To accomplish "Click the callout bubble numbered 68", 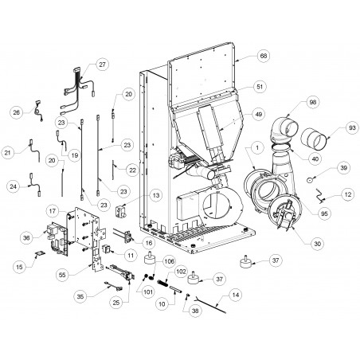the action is (264, 56).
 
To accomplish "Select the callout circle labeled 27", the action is (102, 65).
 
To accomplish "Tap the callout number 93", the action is (352, 128).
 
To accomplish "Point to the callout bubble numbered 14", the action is (236, 295).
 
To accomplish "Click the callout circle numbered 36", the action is (26, 238).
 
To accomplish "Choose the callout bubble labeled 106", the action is (169, 261).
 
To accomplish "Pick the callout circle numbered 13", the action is (156, 195).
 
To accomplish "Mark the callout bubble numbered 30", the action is (318, 244).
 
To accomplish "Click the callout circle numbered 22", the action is (132, 170).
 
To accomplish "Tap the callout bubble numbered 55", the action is (62, 275).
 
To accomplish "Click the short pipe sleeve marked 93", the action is (314, 139).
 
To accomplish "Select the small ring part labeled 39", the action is (310, 180).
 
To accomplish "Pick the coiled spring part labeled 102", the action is (162, 283).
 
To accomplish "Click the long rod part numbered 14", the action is (210, 306).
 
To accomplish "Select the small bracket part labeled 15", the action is (40, 254).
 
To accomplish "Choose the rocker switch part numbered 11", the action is (107, 249).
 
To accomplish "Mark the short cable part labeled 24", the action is (36, 184).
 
